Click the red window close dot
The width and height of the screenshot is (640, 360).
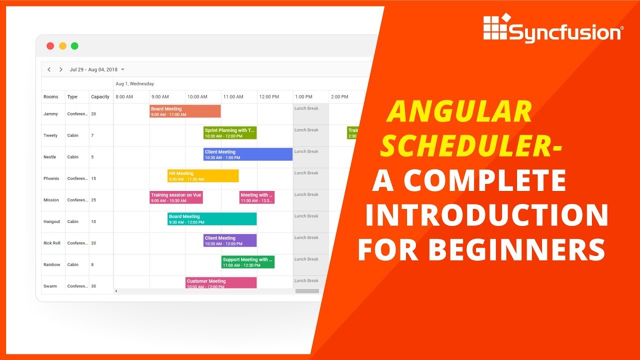click(50, 46)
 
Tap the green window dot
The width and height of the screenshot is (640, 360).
click(74, 46)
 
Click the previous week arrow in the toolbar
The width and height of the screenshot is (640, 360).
click(49, 69)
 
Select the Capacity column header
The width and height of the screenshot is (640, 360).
click(100, 97)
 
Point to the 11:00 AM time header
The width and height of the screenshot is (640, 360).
click(233, 97)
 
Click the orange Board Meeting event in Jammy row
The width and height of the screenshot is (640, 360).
click(185, 111)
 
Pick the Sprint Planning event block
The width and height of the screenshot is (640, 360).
click(229, 133)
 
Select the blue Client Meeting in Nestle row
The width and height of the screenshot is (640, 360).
click(247, 154)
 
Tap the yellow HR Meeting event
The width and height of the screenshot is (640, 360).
click(202, 176)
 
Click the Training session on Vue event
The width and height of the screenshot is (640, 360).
click(176, 197)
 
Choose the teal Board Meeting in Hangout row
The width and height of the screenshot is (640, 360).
click(211, 219)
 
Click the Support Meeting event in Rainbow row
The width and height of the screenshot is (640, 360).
click(247, 262)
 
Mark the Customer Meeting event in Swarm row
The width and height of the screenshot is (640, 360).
click(220, 283)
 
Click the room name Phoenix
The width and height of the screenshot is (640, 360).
click(51, 178)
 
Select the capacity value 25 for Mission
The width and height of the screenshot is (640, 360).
click(93, 200)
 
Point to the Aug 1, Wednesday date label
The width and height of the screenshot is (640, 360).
click(134, 84)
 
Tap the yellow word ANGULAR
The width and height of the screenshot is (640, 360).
click(459, 112)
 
